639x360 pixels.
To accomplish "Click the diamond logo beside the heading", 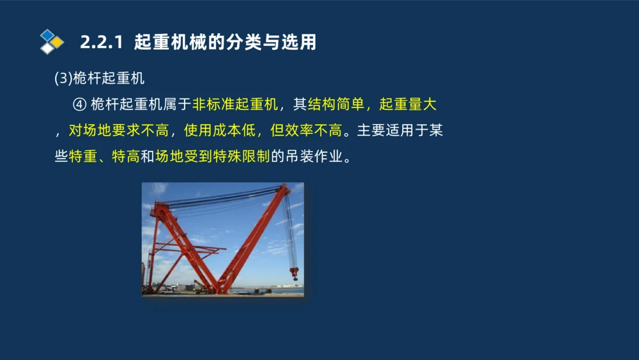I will [x=52, y=42].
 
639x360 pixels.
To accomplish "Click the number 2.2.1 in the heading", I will [x=101, y=43].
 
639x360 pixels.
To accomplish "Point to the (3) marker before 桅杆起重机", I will [x=64, y=79].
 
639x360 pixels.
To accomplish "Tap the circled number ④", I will [x=79, y=105].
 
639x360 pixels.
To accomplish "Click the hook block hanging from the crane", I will [x=295, y=273].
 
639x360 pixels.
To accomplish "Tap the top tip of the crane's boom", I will [x=286, y=187].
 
